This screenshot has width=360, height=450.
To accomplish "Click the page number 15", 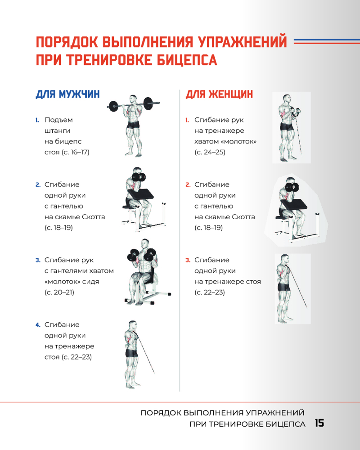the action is tap(319, 423).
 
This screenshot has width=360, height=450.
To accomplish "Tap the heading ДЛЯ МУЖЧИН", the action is tap(68, 94).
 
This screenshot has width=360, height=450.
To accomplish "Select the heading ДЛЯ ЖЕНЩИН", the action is tap(219, 94).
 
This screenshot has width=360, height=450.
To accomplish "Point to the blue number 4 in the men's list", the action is tap(38, 325).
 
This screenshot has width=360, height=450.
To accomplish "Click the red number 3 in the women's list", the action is tap(188, 260).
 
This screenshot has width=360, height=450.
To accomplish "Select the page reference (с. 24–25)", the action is tap(210, 152).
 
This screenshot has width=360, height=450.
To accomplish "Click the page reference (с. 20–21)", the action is tap(59, 292).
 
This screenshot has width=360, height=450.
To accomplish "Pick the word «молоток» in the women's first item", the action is tap(239, 141).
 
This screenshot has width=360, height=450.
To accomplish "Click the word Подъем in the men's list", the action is tap(58, 120).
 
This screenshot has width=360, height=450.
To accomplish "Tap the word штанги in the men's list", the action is tap(58, 131).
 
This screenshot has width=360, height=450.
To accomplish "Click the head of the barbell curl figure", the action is tap(133, 99).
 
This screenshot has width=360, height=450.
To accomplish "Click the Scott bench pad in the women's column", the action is tap(294, 204).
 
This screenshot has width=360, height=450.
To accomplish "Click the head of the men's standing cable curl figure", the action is tap(133, 325).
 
